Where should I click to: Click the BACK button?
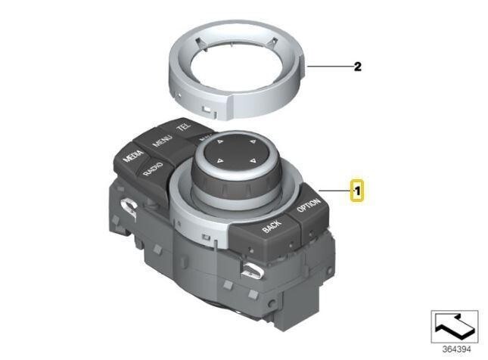272,225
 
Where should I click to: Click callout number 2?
358,67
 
